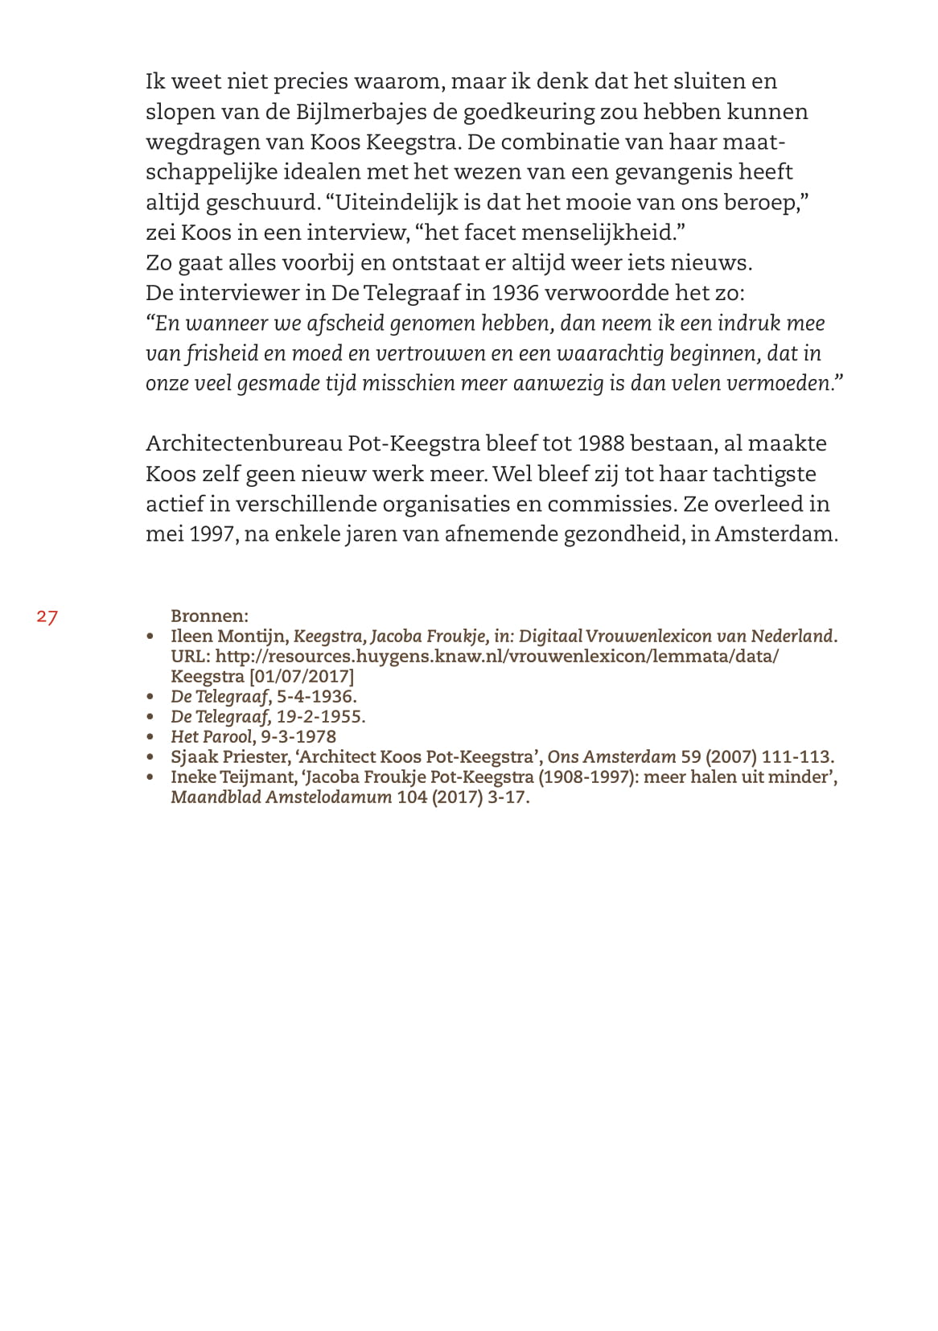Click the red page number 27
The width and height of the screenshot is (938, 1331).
pos(47,617)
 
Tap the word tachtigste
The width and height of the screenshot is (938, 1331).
pos(764,474)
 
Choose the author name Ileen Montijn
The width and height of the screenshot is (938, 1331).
pos(228,637)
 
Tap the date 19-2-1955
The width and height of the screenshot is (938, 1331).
pos(321,717)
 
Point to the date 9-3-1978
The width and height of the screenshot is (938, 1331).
pos(298,737)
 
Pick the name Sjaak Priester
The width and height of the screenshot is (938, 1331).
pos(228,757)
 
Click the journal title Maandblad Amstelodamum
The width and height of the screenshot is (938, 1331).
pos(281,798)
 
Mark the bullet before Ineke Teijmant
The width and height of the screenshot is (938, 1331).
pos(150,778)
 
